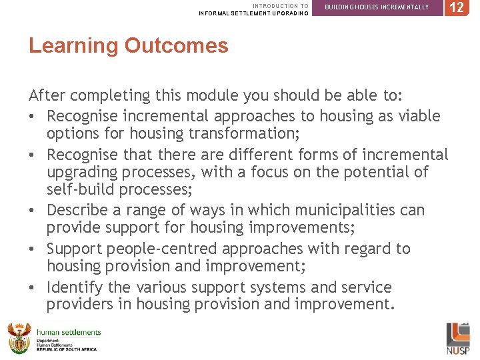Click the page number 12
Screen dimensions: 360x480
[x=456, y=8]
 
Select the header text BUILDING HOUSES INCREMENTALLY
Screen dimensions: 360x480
[x=377, y=7]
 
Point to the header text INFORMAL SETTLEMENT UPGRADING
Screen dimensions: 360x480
[x=253, y=13]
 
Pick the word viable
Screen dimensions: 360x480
[x=417, y=116]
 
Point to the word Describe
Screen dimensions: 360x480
[x=79, y=211]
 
